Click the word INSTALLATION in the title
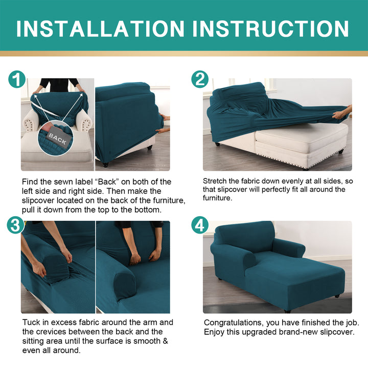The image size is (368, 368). (x=100, y=29)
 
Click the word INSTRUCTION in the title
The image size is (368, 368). (x=270, y=29)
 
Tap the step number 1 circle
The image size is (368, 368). (x=17, y=79)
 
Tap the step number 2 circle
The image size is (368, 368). (x=200, y=79)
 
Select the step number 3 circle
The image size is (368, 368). (x=15, y=225)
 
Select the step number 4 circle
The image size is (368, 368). (x=200, y=225)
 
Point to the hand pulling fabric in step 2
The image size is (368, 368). (x=342, y=112)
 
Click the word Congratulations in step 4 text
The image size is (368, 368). (x=233, y=323)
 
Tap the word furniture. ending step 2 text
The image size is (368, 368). (x=218, y=198)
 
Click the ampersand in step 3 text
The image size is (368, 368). (x=165, y=341)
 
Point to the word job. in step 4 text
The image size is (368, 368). (x=353, y=323)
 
